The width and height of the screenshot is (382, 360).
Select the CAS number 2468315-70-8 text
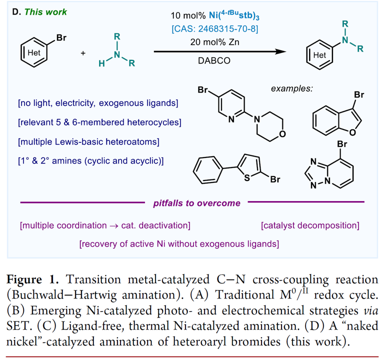tap(214, 29)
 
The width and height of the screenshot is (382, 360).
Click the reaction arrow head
tap(286, 51)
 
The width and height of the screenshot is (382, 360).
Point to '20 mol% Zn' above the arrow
tap(214, 42)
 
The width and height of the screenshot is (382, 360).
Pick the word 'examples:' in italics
tap(291, 88)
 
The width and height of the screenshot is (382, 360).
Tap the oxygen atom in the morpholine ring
tap(283, 134)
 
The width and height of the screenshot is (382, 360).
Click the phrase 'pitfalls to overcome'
tap(196, 203)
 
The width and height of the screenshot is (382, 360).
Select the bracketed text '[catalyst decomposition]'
tap(310, 226)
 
